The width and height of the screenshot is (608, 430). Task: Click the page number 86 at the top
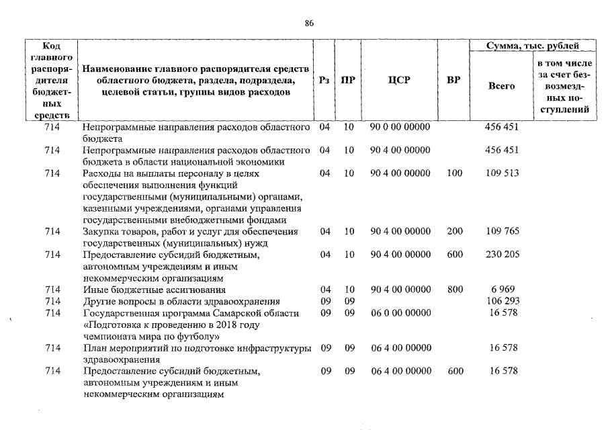[x=309, y=23]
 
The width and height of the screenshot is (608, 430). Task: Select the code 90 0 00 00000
[x=400, y=126]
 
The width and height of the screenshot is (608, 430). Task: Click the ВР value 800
[x=455, y=290]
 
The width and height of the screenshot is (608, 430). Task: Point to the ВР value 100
[x=454, y=173]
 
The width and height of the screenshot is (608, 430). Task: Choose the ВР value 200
[x=455, y=231]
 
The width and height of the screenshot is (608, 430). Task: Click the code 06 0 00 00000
[x=400, y=312]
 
